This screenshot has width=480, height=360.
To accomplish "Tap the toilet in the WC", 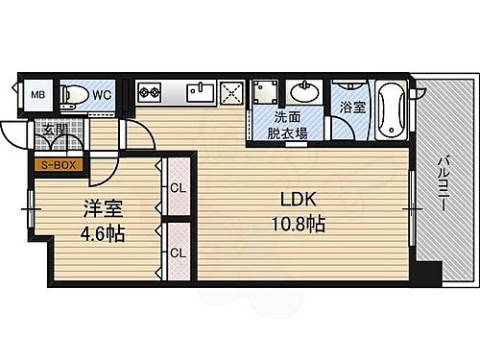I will (x=72, y=94).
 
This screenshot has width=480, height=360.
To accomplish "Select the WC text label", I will (x=104, y=94).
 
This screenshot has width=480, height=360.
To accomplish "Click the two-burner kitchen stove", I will (x=152, y=93).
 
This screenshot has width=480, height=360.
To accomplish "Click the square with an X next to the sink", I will (x=233, y=92).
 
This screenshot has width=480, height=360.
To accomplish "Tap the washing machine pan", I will (x=266, y=94).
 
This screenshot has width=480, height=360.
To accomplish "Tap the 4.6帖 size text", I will (x=100, y=233).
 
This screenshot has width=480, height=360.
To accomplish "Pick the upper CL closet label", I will (x=178, y=187).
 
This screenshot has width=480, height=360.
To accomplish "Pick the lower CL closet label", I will (x=178, y=252).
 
